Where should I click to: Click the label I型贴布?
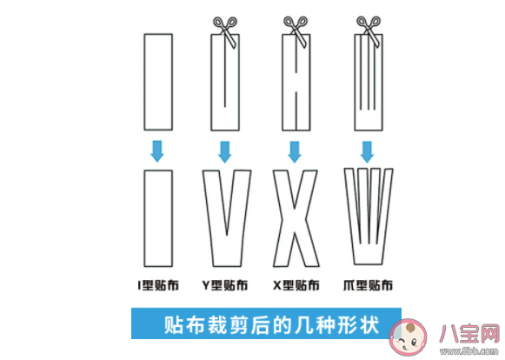coord(157,284)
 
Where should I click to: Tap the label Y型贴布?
coord(224,284)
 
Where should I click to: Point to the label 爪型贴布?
coord(368,284)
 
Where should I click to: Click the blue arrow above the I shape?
coord(157,150)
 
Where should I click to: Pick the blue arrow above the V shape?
coord(224,150)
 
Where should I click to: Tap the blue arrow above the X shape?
coord(294,150)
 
